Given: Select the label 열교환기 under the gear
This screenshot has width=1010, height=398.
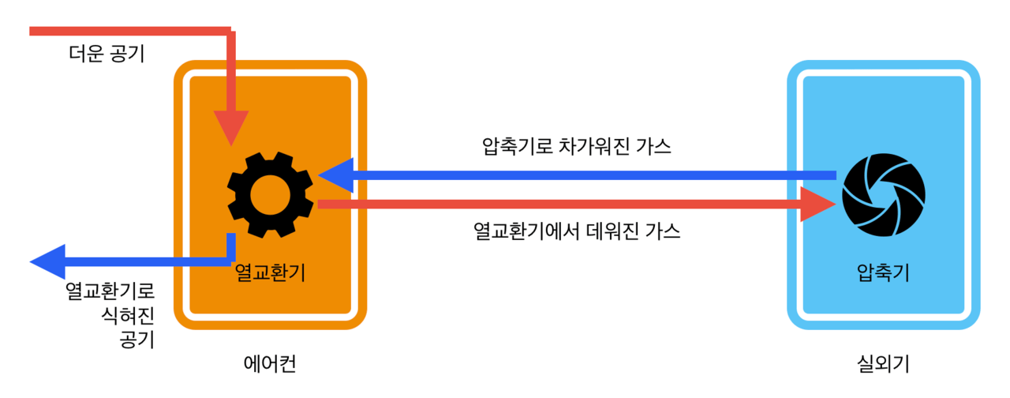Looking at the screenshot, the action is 270,272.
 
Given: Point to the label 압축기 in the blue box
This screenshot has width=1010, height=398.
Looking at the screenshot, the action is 883,272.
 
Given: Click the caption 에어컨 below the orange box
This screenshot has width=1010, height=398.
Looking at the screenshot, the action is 270,364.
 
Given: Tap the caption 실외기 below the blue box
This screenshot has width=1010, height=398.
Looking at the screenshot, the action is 883,364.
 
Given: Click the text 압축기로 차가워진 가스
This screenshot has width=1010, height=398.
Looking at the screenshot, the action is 576,147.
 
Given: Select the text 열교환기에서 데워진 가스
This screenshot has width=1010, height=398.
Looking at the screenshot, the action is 577,231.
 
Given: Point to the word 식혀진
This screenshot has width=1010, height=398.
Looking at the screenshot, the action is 130,316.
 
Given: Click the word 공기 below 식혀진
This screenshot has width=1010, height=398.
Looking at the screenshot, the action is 137,340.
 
